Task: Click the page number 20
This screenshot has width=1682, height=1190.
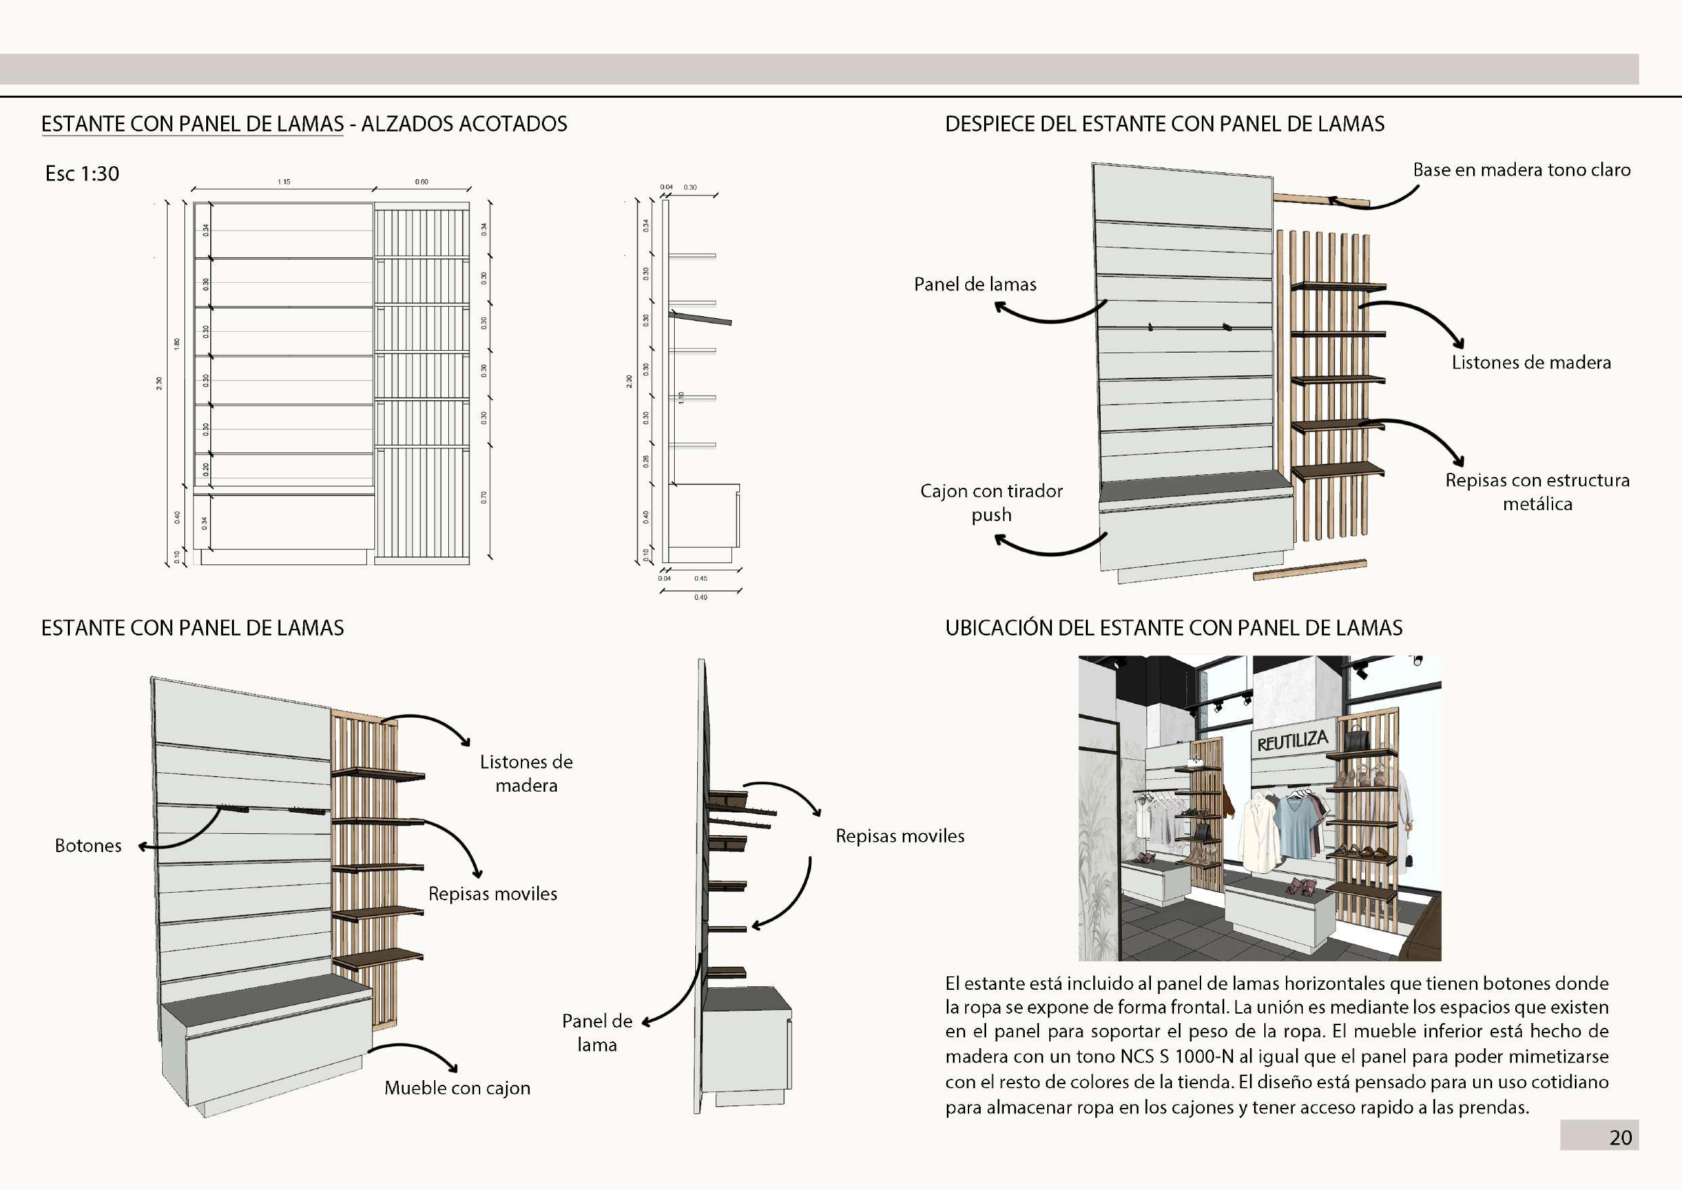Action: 1620,1137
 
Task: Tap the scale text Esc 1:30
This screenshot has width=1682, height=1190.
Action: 82,174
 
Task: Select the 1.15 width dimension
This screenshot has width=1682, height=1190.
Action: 283,182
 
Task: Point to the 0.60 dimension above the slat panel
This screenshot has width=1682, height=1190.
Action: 422,182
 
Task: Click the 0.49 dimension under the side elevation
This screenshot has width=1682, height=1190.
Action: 701,597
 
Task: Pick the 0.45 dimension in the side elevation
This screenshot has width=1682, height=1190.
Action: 701,578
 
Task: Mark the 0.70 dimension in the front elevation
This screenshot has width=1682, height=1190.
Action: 484,497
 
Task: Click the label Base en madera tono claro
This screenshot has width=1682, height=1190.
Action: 1521,170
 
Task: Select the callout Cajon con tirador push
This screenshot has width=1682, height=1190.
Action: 991,503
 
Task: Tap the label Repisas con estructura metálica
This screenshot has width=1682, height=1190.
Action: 1537,492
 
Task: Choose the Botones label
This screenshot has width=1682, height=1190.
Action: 88,845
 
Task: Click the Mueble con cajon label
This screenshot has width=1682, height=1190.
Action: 457,1088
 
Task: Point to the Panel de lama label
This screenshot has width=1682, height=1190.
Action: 597,1033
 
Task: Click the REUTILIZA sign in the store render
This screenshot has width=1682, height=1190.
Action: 1292,741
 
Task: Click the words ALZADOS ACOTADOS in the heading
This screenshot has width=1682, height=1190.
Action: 464,125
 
